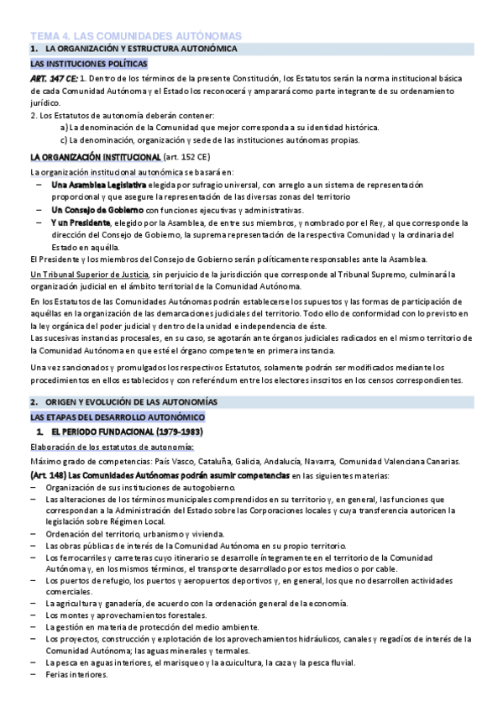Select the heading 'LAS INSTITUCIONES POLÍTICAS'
(88, 64)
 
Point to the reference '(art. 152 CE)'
(192, 157)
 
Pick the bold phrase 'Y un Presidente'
(81, 222)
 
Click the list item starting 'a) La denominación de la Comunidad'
(219, 128)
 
